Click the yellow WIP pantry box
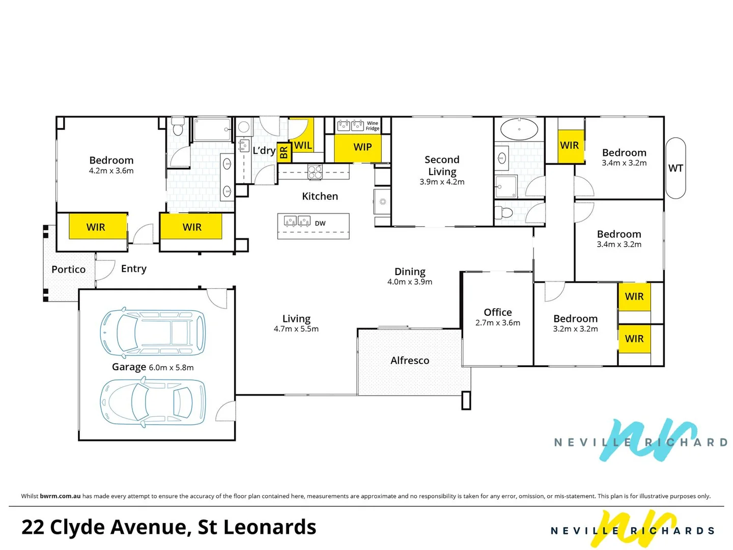tap(362, 147)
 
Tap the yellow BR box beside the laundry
tap(284, 151)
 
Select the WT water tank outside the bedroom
tap(675, 168)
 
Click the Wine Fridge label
tap(373, 126)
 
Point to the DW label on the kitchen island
tap(320, 224)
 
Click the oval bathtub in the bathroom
tap(519, 129)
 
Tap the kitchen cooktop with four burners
tap(315, 172)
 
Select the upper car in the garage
tap(153, 333)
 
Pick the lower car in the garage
tap(153, 402)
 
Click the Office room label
tap(498, 312)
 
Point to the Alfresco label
tap(410, 361)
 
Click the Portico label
tap(68, 269)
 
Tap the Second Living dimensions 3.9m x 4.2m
tap(442, 182)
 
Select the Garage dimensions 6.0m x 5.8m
tap(171, 368)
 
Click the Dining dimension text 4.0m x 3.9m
tap(410, 282)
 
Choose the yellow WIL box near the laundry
tap(302, 145)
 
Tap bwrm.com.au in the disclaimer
tap(60, 496)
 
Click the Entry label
tap(134, 268)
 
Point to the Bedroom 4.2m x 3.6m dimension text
tap(111, 171)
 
